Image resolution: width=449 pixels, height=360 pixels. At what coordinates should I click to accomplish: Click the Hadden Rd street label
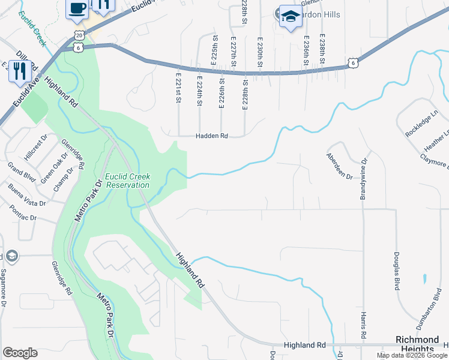click(x=212, y=136)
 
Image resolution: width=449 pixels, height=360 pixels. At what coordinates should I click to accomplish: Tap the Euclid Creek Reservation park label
click(x=127, y=181)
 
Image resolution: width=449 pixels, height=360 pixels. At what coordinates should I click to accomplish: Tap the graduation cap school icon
click(x=291, y=16)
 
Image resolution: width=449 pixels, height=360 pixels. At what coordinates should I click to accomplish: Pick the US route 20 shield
click(x=79, y=36)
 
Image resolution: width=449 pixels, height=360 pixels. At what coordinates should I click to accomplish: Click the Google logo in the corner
click(x=19, y=353)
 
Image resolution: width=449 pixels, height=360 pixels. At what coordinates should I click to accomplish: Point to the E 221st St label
click(x=178, y=88)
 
